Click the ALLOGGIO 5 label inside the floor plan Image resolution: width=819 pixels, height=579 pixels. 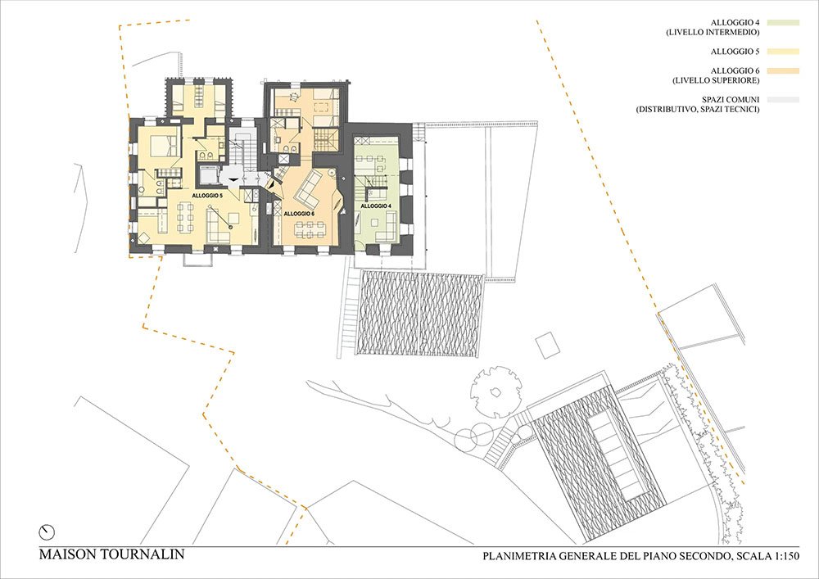pyautogui.click(x=207, y=195)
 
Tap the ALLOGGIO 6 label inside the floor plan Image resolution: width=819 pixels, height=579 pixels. pyautogui.click(x=299, y=214)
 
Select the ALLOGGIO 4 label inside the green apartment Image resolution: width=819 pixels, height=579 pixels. pyautogui.click(x=376, y=206)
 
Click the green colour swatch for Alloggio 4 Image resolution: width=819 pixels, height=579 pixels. pyautogui.click(x=783, y=22)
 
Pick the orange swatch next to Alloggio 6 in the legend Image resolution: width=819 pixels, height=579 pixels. pyautogui.click(x=783, y=71)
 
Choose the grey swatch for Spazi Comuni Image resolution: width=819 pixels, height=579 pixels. pyautogui.click(x=783, y=100)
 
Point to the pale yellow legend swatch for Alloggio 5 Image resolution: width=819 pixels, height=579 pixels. pyautogui.click(x=783, y=51)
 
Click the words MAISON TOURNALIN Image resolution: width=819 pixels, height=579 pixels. pyautogui.click(x=111, y=554)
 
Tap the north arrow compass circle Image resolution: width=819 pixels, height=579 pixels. pyautogui.click(x=47, y=532)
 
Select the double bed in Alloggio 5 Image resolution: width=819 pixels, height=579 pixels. pyautogui.click(x=165, y=146)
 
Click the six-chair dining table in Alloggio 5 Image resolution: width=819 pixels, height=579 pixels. pyautogui.click(x=185, y=217)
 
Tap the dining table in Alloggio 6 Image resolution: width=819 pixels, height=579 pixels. pyautogui.click(x=310, y=230)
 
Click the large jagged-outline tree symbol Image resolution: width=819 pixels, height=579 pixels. pyautogui.click(x=496, y=391)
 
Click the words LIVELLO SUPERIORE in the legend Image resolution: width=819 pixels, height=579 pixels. pyautogui.click(x=716, y=80)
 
